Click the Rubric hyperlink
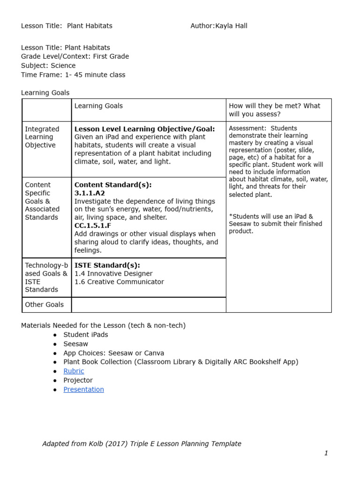pyautogui.click(x=74, y=371)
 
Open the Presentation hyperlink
pyautogui.click(x=83, y=389)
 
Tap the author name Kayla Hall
pyautogui.click(x=231, y=26)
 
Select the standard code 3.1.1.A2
pyautogui.click(x=90, y=193)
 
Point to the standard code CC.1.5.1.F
pyautogui.click(x=93, y=225)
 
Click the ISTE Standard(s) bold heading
pyautogui.click(x=107, y=265)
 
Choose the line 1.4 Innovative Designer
pyautogui.click(x=113, y=273)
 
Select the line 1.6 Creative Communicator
pyautogui.click(x=119, y=282)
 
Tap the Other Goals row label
pyautogui.click(x=44, y=305)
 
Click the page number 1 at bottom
pyautogui.click(x=326, y=453)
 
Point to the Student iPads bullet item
pyautogui.click(x=85, y=335)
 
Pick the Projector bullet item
pyautogui.click(x=78, y=380)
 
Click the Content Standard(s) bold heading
pyautogui.click(x=113, y=185)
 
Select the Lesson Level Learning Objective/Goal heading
pyautogui.click(x=144, y=129)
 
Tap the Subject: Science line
pyautogui.click(x=48, y=66)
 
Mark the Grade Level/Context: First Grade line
pyautogui.click(x=75, y=56)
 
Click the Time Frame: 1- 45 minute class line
pyautogui.click(x=73, y=75)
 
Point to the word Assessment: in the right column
pyautogui.click(x=247, y=128)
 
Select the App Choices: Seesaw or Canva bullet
pyautogui.click(x=113, y=353)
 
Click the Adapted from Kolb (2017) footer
pyautogui.click(x=142, y=443)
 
